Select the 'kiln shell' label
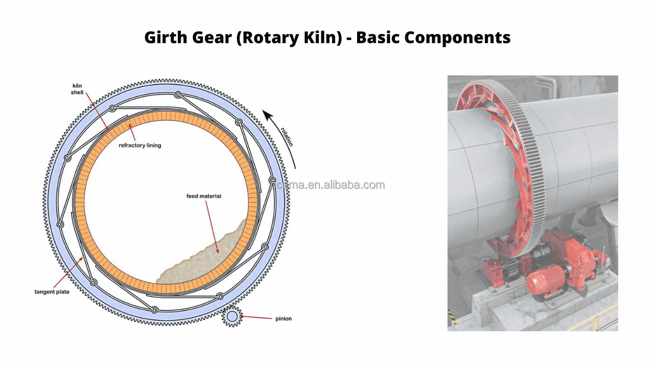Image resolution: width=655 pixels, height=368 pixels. click(77, 89)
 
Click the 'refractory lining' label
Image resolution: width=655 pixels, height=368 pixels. click(140, 145)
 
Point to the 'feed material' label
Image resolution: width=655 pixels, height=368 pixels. click(204, 196)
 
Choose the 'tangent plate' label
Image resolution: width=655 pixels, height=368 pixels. click(52, 292)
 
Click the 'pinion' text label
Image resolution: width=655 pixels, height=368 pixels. click(283, 318)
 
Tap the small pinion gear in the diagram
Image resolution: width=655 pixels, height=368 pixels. click(232, 316)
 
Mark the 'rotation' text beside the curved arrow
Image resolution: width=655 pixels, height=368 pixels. click(287, 136)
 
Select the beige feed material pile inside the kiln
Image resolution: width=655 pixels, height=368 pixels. click(209, 259)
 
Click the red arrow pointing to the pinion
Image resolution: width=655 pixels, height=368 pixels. click(257, 317)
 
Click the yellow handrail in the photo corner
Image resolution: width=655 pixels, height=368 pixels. click(600, 318)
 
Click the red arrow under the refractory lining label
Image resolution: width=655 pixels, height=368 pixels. click(133, 133)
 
